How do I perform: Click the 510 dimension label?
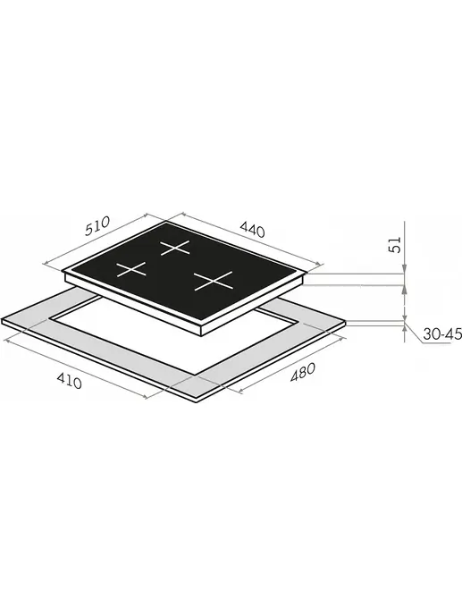pos(97,226)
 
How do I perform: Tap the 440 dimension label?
pos(253,229)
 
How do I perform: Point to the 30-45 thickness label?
pos(442,334)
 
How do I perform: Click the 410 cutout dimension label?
pos(70,380)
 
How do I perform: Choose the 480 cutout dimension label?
pos(303,372)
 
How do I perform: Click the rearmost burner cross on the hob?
pos(175,249)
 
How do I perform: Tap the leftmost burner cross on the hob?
pos(131,269)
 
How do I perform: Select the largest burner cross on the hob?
pos(214,281)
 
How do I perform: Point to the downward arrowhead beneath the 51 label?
pos(404,269)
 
